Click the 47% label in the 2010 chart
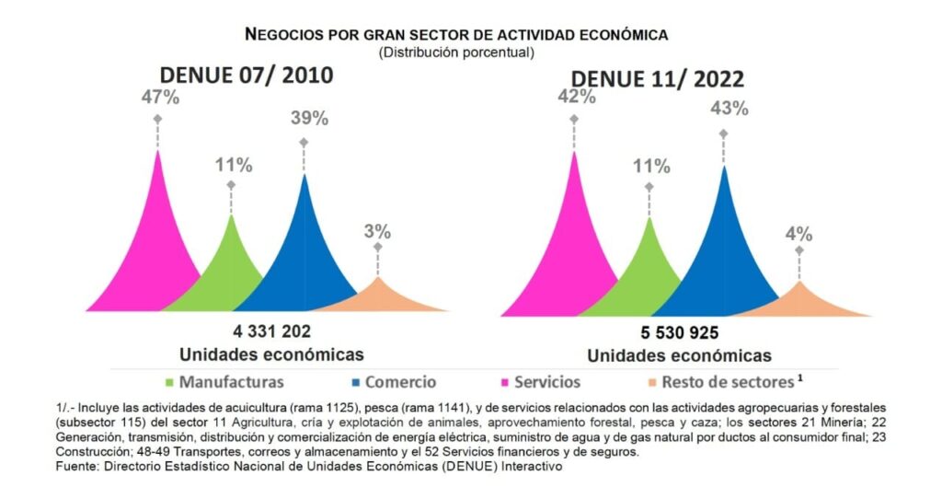(x=159, y=99)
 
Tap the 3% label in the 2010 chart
(x=377, y=231)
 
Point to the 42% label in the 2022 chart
(x=574, y=99)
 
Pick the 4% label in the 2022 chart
(x=798, y=233)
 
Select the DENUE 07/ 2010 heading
(x=247, y=75)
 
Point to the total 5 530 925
(x=679, y=333)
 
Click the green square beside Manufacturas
(x=169, y=381)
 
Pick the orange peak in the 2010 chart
(x=377, y=295)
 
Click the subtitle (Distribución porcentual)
(x=456, y=52)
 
